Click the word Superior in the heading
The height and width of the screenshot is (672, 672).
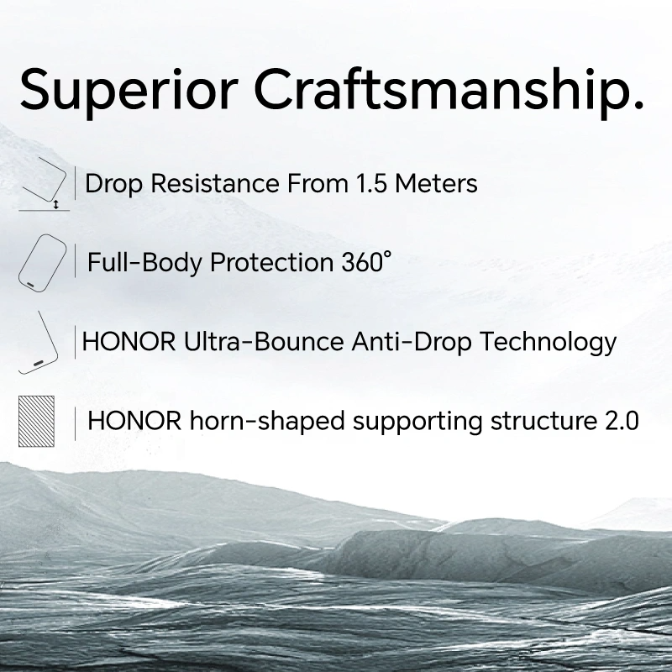point(129,92)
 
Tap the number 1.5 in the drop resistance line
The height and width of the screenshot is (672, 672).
point(371,183)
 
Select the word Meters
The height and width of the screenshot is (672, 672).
point(436,183)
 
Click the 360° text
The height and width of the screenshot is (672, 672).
point(366,262)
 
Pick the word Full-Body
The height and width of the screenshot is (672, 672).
point(144,263)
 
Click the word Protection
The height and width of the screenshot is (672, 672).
point(271,262)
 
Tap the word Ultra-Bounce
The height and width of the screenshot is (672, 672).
point(264,342)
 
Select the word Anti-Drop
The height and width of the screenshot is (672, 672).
point(412,342)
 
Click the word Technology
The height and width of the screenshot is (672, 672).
point(549,343)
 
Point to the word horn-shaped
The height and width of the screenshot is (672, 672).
point(267,422)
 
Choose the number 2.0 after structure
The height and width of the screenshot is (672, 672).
point(622,421)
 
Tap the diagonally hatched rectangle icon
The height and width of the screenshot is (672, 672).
point(36,422)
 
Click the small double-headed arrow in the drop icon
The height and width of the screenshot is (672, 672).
point(55,204)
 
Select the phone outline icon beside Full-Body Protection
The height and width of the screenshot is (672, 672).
point(43,263)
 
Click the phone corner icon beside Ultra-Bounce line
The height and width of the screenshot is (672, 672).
point(39,343)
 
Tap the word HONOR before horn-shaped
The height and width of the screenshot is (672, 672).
point(134,421)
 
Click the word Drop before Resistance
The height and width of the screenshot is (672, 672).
point(114,184)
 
